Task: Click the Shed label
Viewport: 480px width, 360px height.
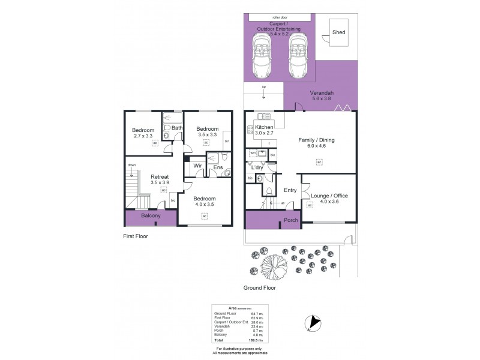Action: pyautogui.click(x=339, y=32)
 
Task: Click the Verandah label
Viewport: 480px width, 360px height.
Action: pyautogui.click(x=322, y=93)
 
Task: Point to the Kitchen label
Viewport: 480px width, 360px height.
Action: pyautogui.click(x=264, y=128)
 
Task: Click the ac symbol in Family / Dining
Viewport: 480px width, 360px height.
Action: pyautogui.click(x=319, y=162)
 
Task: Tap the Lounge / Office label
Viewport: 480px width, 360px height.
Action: pyautogui.click(x=329, y=196)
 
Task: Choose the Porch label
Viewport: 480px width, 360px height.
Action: pyautogui.click(x=291, y=220)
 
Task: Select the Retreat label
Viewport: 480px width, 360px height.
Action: pyautogui.click(x=159, y=177)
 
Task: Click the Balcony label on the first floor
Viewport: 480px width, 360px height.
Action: pyautogui.click(x=151, y=216)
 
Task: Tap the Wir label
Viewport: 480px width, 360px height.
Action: pyautogui.click(x=196, y=166)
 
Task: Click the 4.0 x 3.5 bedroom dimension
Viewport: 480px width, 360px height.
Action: pyautogui.click(x=204, y=205)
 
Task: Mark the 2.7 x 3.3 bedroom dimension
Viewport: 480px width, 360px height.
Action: pyautogui.click(x=143, y=136)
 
